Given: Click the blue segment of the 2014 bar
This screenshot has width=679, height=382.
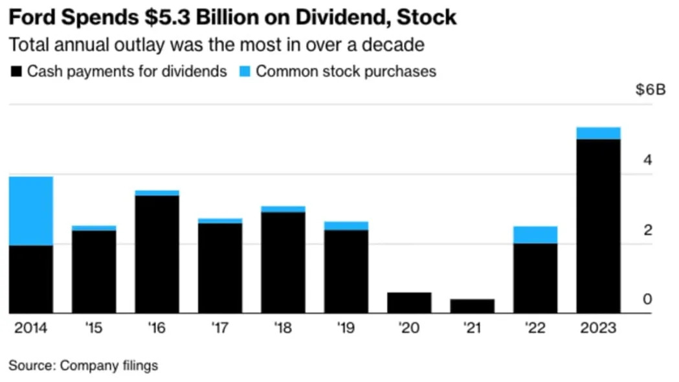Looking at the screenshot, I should tap(31, 211).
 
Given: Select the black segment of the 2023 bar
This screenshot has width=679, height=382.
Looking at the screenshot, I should tap(598, 226).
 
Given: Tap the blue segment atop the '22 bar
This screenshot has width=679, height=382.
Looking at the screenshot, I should tap(535, 234).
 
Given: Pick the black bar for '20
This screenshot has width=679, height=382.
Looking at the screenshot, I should tap(409, 302).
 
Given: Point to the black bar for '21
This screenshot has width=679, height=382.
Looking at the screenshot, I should tap(473, 306).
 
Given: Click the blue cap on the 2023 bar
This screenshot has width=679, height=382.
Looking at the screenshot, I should tap(598, 133).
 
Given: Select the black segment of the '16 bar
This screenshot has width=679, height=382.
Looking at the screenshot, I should tap(157, 254).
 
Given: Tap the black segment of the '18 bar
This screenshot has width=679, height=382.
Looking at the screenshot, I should tap(284, 262).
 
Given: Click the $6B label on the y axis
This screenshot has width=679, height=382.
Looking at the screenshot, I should tap(651, 90).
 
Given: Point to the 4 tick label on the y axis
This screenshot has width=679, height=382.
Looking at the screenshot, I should tap(647, 160).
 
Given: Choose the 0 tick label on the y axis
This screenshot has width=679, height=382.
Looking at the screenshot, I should tap(647, 299).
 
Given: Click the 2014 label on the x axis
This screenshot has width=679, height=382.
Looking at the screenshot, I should tap(30, 328).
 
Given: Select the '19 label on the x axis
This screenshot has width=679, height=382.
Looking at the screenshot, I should tap(346, 328).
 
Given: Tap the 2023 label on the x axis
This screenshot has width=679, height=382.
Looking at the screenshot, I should tap(598, 328).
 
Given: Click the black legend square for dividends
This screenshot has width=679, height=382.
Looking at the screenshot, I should tap(16, 71).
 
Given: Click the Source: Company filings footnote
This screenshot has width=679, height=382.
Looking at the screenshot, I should tap(83, 365).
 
